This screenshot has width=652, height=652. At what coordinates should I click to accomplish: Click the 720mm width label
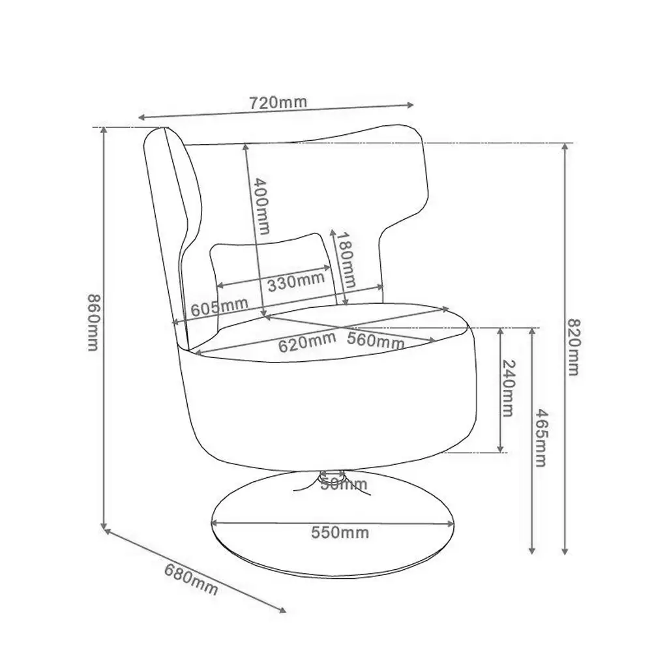point(278,102)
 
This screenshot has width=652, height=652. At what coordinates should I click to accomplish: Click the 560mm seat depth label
point(376,340)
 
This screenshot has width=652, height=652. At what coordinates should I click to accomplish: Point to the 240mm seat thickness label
point(509,389)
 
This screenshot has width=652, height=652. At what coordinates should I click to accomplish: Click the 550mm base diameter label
point(340,533)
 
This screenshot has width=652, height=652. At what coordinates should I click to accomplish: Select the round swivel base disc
point(333,548)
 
